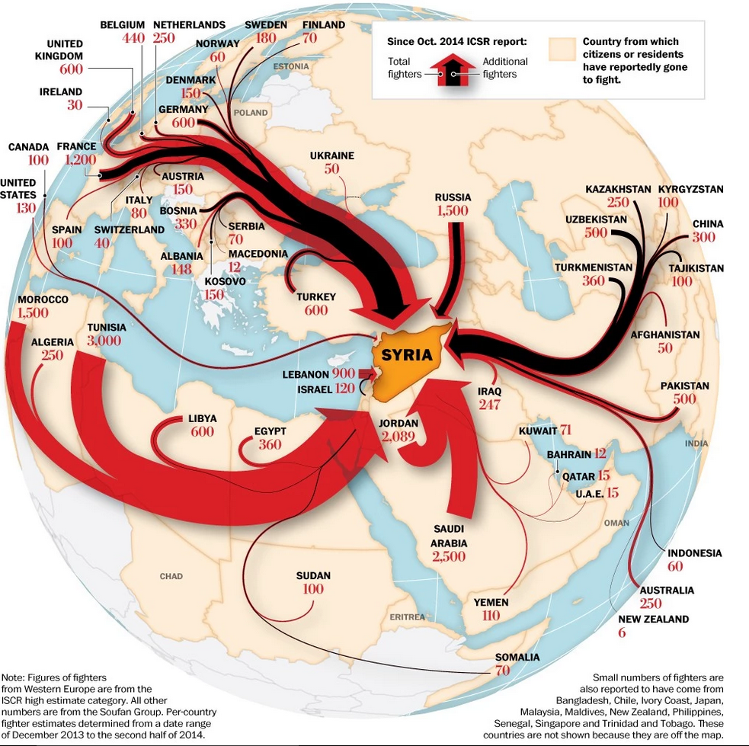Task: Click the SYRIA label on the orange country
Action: [407, 354]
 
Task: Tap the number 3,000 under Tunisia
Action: [104, 341]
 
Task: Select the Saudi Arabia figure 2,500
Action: [449, 556]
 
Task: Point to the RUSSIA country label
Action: [453, 197]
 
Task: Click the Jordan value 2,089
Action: [398, 436]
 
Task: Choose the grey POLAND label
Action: [251, 113]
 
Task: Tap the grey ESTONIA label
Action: [291, 66]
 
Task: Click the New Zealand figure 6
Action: [622, 632]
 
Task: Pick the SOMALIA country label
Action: [517, 657]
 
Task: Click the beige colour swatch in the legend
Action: [562, 50]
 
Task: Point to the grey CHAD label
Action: [171, 576]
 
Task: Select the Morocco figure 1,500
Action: [33, 313]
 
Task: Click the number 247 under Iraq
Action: [489, 405]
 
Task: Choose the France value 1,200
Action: [80, 159]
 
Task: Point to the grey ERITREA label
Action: [407, 617]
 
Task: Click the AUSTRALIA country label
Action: [667, 591]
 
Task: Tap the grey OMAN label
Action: [616, 523]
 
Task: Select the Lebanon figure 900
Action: [344, 373]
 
